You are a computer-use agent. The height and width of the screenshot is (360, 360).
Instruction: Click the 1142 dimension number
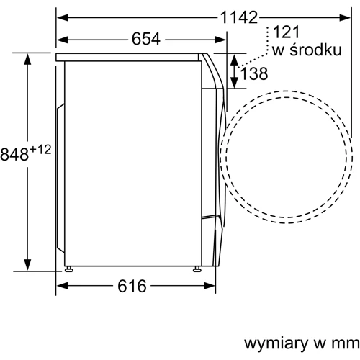tap(239, 17)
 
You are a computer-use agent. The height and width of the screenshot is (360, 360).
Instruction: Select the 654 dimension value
tap(146, 39)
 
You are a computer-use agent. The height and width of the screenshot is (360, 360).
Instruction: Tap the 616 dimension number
tap(132, 286)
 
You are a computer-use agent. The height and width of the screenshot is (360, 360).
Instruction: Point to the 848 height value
tap(14, 154)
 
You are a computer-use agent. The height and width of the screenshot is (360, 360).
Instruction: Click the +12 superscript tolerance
tap(40, 150)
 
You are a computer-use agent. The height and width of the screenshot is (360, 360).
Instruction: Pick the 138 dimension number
tap(254, 73)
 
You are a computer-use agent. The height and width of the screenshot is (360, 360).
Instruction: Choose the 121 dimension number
tap(287, 32)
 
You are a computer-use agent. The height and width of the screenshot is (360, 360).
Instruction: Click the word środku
tap(316, 50)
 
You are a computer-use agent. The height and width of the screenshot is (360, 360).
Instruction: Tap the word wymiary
tap(276, 343)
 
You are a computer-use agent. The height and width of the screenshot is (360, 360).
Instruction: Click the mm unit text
tap(346, 343)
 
